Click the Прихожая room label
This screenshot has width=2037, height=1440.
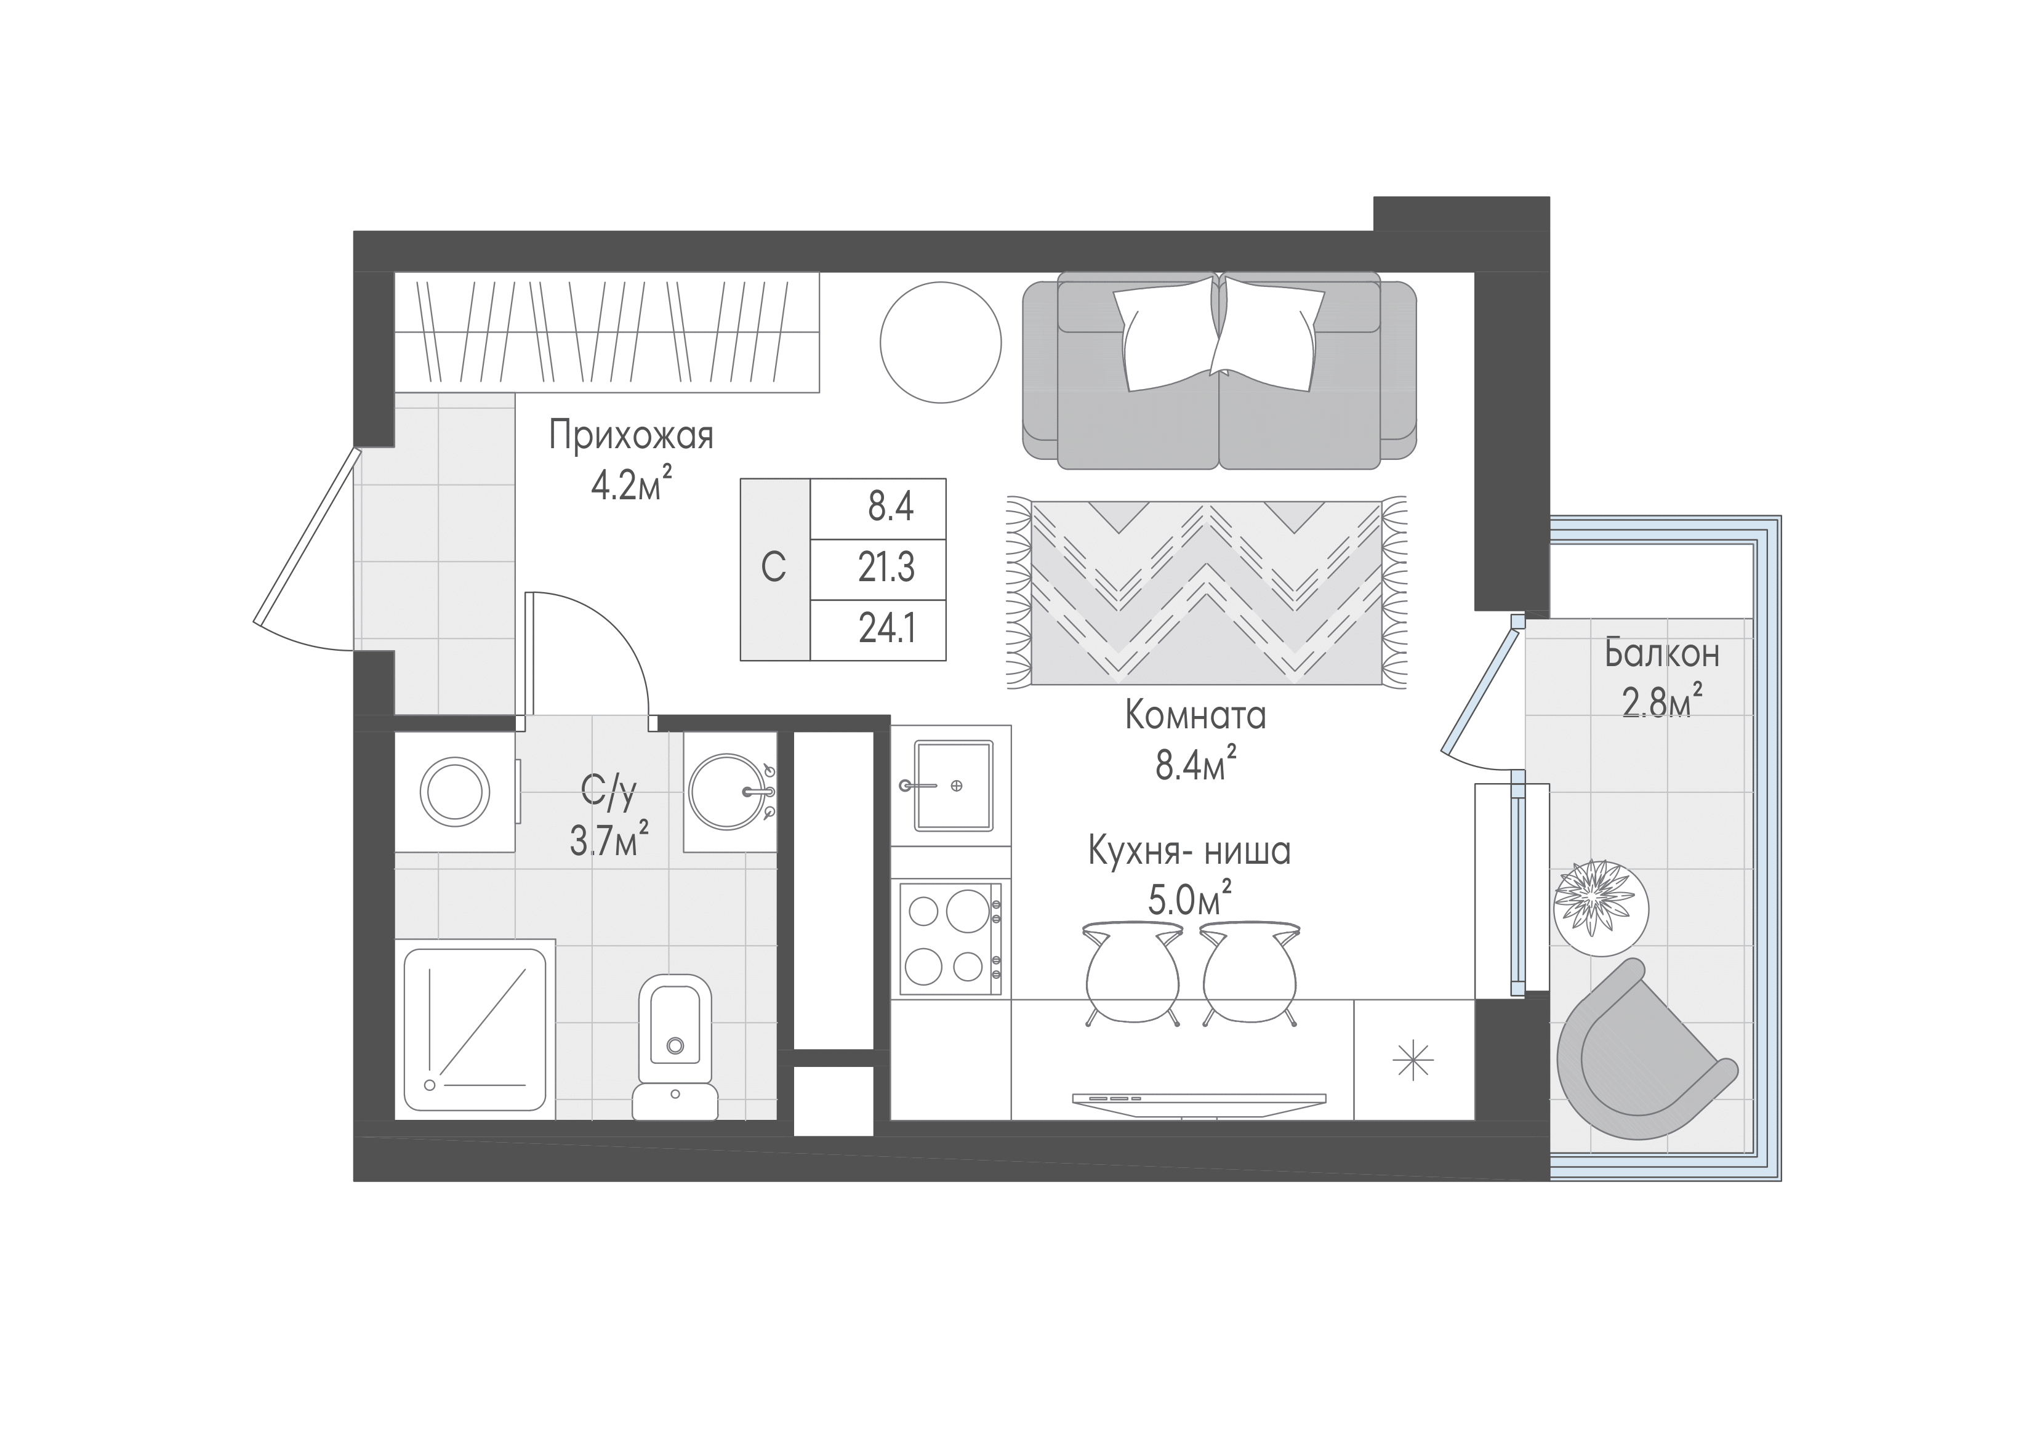point(631,436)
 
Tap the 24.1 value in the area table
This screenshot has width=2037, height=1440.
point(886,629)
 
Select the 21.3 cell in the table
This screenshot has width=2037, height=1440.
point(886,568)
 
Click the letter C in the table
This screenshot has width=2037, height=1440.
point(774,568)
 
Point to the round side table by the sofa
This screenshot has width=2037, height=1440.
point(941,342)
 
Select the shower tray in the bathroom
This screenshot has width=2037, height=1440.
point(475,1029)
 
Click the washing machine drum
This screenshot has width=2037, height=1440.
point(455,792)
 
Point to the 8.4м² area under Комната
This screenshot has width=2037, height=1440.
point(1195,763)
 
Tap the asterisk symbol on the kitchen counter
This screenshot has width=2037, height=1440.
point(1412,1060)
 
